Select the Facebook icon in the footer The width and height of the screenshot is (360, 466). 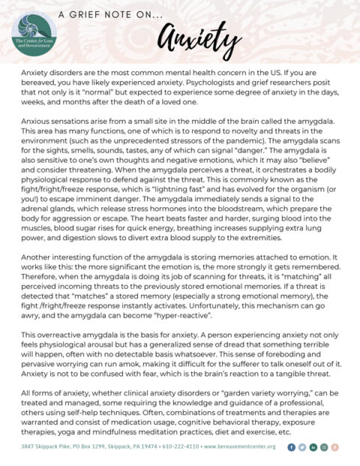[x=292, y=447]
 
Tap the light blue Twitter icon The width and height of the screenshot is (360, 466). [x=303, y=447]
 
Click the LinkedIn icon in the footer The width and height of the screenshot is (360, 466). [x=314, y=447]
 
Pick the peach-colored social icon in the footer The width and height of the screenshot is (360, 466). [x=336, y=447]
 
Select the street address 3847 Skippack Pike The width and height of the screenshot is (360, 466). [x=43, y=447]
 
